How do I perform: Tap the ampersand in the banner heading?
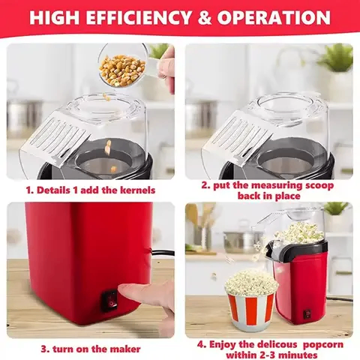pyautogui.click(x=205, y=17)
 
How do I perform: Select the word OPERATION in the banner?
pyautogui.click(x=274, y=17)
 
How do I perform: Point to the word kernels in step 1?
pyautogui.click(x=138, y=190)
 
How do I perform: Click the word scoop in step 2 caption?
pyautogui.click(x=318, y=185)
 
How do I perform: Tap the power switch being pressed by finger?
pyautogui.click(x=109, y=301)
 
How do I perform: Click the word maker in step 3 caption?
pyautogui.click(x=126, y=349)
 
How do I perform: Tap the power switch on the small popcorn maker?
pyautogui.click(x=307, y=313)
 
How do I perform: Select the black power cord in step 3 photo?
pyautogui.click(x=160, y=254)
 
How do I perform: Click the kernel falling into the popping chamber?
pyautogui.click(x=108, y=146)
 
